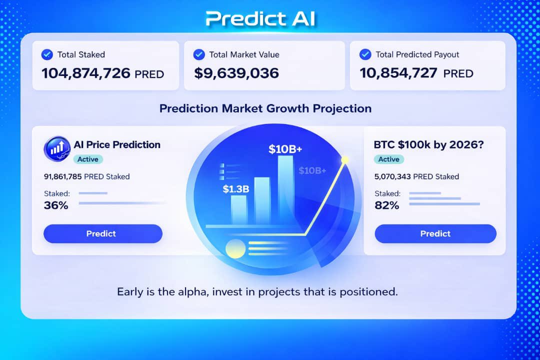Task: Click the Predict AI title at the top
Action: click(x=260, y=18)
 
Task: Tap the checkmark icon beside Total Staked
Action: click(x=47, y=54)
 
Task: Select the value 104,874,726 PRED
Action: click(x=102, y=73)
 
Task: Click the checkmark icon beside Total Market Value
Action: click(x=199, y=54)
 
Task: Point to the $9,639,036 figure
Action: click(x=236, y=73)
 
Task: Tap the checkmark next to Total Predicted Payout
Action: click(x=365, y=54)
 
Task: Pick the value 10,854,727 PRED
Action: click(x=416, y=73)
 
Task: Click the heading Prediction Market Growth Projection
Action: click(x=265, y=108)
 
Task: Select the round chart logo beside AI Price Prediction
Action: click(x=57, y=148)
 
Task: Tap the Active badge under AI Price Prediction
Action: click(x=88, y=159)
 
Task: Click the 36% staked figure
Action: click(x=56, y=205)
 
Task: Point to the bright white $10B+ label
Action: click(x=285, y=149)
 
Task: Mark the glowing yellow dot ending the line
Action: click(x=344, y=160)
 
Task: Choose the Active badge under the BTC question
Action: click(x=388, y=159)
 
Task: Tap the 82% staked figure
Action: click(x=386, y=205)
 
